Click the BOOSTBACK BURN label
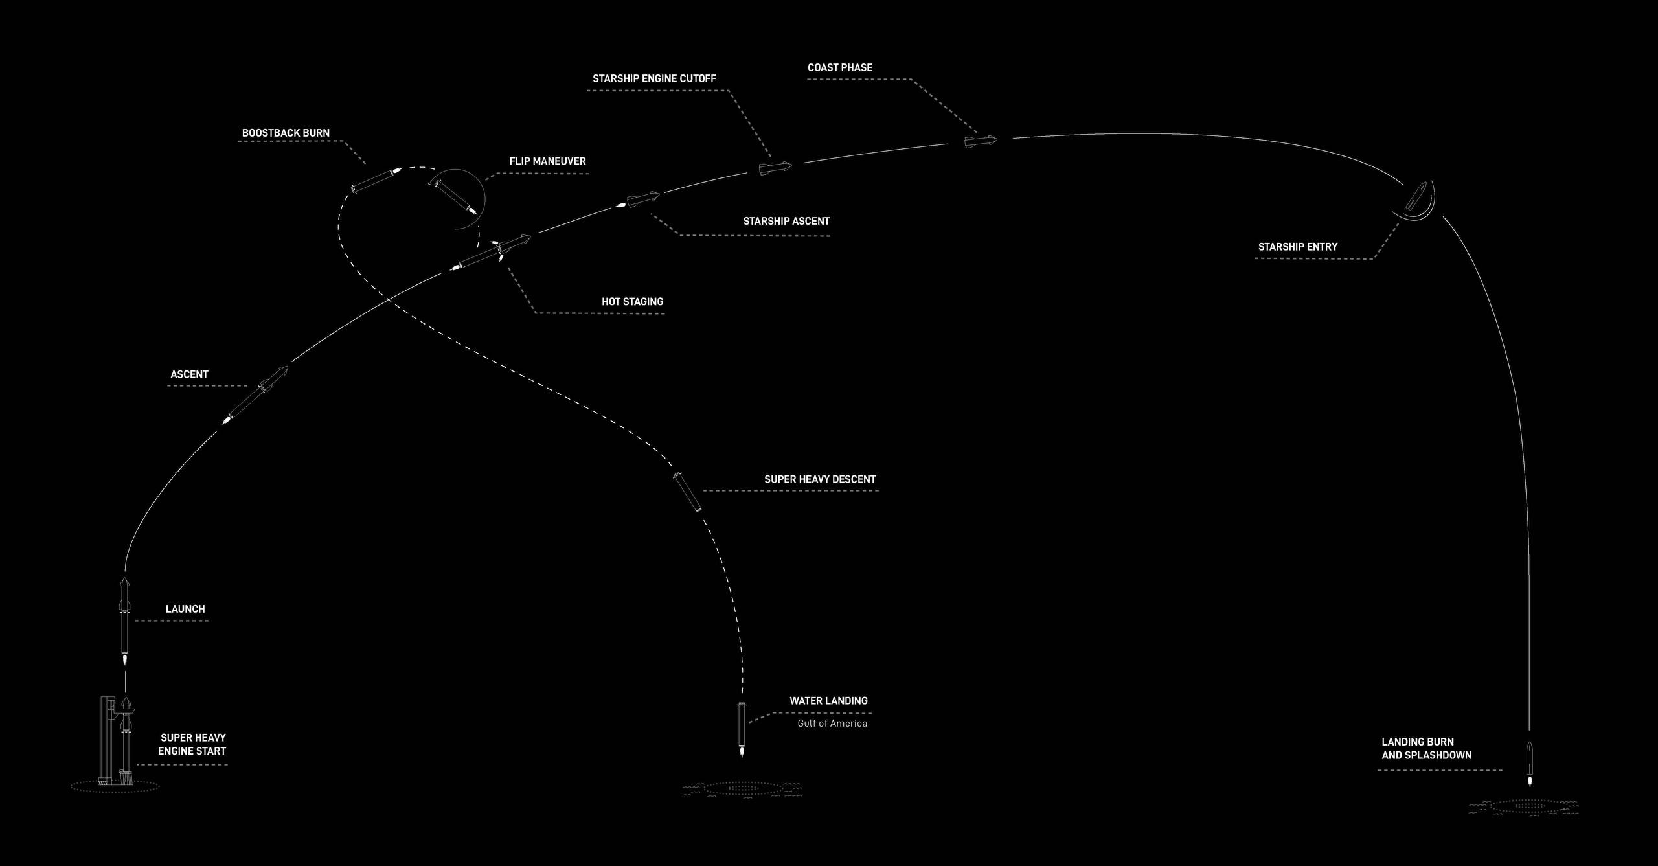(x=286, y=133)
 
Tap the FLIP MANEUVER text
(x=547, y=161)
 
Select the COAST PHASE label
(x=840, y=67)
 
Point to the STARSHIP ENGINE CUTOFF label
(x=654, y=78)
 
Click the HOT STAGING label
(x=632, y=302)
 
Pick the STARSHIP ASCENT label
(x=786, y=221)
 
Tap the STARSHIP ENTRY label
(x=1297, y=247)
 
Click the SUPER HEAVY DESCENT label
(x=820, y=479)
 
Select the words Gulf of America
(x=832, y=724)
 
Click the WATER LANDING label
(x=828, y=701)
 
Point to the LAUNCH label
(x=185, y=609)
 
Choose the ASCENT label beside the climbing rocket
(x=189, y=374)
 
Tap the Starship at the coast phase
(x=981, y=141)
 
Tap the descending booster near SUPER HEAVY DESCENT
(x=687, y=492)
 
